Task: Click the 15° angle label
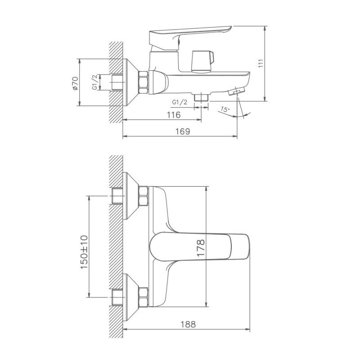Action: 225,109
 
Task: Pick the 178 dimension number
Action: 200,248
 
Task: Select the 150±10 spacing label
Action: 84,252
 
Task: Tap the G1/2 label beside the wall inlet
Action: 95,83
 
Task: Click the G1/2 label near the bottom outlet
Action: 180,102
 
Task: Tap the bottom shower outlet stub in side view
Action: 201,96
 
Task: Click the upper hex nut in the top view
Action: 143,196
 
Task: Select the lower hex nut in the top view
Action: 143,297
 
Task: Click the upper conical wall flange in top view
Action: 131,196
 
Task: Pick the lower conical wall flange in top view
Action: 131,297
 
